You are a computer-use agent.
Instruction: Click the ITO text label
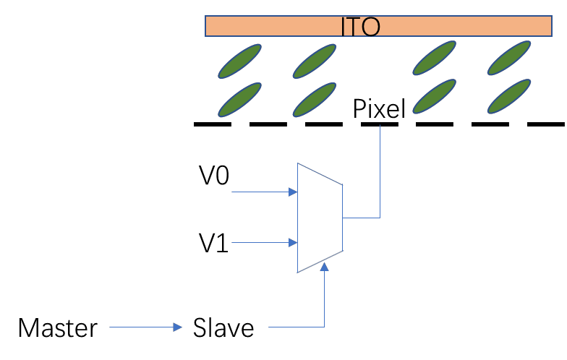360,27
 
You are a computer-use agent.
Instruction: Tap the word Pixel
380,109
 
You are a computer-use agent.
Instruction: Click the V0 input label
214,176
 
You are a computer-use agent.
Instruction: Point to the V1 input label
214,243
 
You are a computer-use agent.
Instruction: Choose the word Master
58,328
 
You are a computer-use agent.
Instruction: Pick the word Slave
223,328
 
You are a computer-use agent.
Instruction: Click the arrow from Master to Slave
145,328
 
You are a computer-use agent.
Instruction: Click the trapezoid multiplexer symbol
319,217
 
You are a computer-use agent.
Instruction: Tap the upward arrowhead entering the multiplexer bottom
325,267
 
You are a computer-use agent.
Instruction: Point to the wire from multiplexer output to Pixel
380,181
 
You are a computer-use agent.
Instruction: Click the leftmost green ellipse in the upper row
240,61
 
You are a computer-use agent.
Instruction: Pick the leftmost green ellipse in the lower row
239,100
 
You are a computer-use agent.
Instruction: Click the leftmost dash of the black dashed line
213,124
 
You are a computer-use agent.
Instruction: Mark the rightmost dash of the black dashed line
547,124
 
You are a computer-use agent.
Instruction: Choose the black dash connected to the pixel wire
380,124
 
